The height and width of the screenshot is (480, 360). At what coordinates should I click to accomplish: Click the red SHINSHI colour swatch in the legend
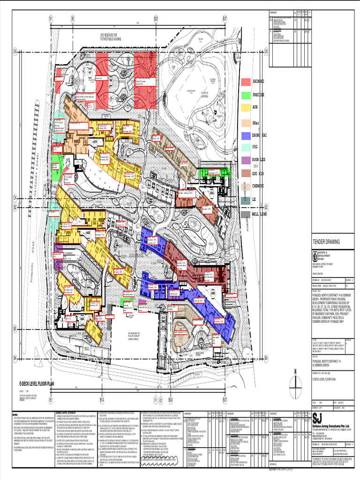[246, 82]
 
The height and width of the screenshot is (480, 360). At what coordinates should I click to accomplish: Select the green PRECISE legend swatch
[246, 95]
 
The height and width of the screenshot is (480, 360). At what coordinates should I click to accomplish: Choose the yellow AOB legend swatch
[246, 108]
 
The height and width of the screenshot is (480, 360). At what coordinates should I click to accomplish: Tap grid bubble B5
[73, 18]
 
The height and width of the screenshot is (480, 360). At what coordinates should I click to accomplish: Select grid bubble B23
[156, 18]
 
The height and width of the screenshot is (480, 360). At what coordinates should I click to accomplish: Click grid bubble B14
[101, 399]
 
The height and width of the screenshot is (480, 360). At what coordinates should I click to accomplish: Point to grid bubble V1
[155, 399]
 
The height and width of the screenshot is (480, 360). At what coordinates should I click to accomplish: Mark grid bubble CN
[15, 51]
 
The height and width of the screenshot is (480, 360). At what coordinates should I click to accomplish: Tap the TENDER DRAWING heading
[323, 242]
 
